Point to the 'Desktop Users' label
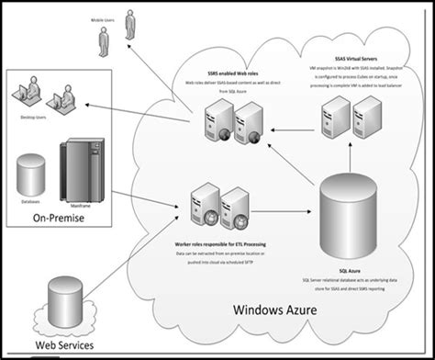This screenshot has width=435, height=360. click(x=28, y=118)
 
